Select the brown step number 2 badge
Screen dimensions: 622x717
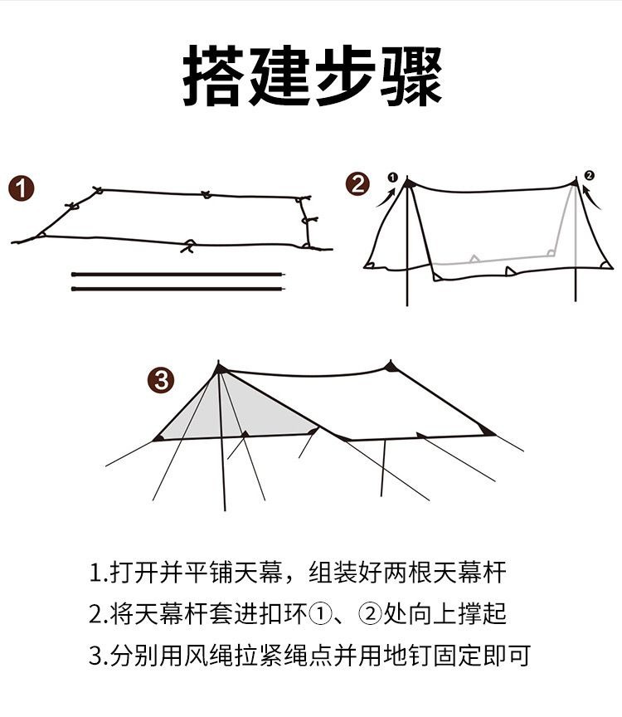(357, 183)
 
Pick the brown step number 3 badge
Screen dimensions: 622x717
(160, 381)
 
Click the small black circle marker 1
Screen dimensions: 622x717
(392, 177)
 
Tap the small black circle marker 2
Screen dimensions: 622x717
(589, 175)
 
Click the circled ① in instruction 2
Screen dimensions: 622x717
(319, 615)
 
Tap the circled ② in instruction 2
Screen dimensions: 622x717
(370, 615)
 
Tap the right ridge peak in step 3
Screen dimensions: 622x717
(390, 366)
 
